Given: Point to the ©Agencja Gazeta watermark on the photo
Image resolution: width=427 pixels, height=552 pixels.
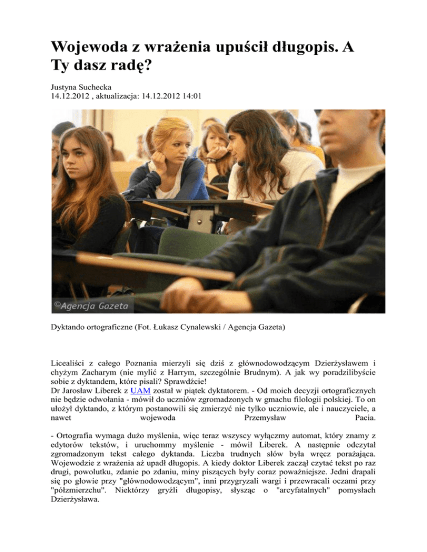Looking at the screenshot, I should tap(91, 305).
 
